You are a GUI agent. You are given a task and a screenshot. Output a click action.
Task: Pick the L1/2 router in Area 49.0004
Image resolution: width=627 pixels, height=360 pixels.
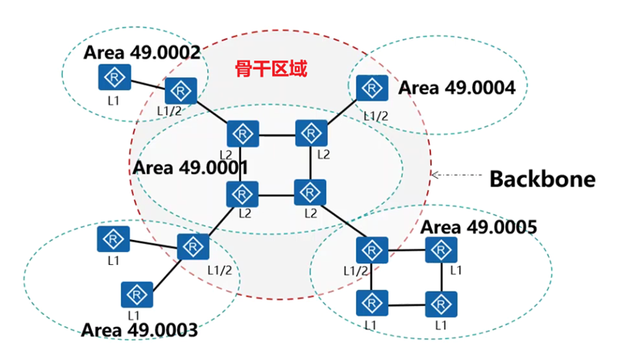[x=370, y=88]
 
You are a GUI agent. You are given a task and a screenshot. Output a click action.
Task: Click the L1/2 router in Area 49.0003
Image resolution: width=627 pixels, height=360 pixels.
[x=193, y=246]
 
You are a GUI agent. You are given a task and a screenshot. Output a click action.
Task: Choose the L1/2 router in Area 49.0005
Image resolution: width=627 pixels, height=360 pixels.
[x=371, y=250]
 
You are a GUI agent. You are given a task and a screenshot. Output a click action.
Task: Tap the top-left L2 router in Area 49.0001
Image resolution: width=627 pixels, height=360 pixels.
[x=241, y=133]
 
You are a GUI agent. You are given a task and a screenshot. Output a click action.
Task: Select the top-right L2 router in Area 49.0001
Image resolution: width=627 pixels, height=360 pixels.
[x=309, y=132]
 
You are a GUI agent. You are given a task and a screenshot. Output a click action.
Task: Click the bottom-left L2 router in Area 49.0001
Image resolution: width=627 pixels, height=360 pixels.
[x=241, y=193]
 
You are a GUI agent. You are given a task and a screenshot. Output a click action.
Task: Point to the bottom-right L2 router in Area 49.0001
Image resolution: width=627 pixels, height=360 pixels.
[x=309, y=192]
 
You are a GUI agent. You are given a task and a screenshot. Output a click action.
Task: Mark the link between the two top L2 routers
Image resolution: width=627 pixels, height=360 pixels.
[x=275, y=133]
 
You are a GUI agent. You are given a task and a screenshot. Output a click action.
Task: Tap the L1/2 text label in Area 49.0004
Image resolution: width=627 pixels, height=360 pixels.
[x=375, y=116]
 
